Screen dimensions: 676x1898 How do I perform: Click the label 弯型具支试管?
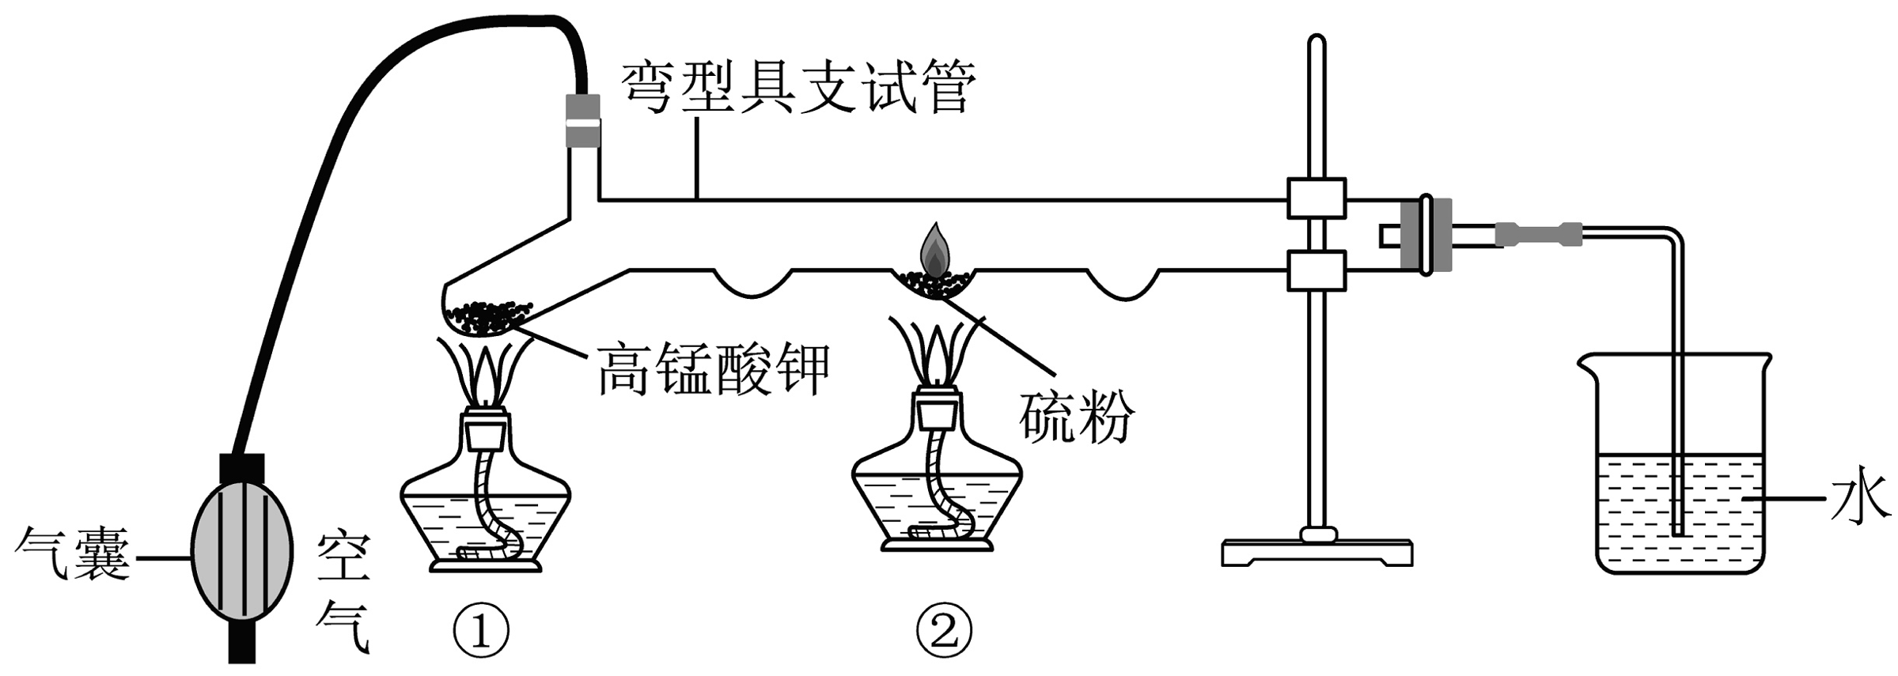(x=797, y=88)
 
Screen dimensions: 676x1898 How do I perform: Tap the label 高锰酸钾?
(x=713, y=369)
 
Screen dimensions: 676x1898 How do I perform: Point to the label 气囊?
(x=73, y=553)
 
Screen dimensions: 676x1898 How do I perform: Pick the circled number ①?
(x=481, y=630)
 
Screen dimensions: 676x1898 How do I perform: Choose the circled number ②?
(x=944, y=630)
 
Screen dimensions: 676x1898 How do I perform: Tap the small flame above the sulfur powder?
(x=934, y=248)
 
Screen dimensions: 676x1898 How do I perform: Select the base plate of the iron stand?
(x=1316, y=552)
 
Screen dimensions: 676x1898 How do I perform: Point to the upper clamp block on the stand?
(x=1316, y=198)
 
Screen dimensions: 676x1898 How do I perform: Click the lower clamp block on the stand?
(x=1316, y=270)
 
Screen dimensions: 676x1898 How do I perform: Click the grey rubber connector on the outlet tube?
(x=1538, y=234)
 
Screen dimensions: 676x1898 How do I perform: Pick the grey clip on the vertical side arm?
(x=583, y=120)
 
